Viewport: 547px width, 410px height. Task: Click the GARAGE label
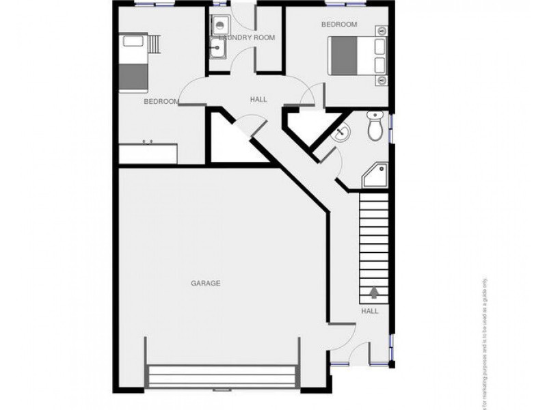point(205,283)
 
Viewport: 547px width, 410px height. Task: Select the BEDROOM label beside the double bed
point(339,25)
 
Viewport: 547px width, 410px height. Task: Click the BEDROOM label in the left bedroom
point(161,102)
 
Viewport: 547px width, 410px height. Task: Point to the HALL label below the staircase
point(370,311)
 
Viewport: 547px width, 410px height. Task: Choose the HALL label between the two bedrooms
point(258,100)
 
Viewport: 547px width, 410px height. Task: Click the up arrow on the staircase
point(374,292)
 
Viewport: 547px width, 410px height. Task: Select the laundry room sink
point(219,48)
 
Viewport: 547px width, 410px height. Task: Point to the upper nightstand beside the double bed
point(382,31)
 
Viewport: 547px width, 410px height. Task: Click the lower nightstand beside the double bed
point(382,80)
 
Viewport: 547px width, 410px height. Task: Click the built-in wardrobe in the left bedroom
point(148,153)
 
